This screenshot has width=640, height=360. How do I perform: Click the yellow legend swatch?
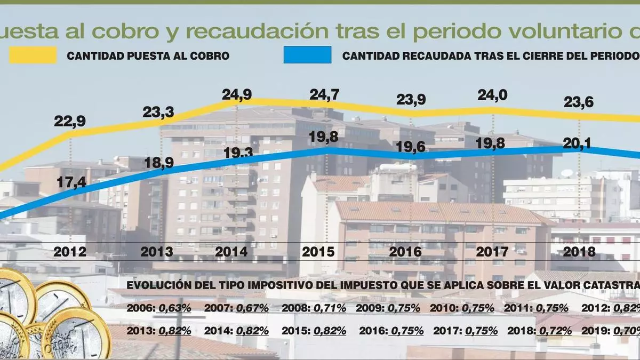click(33, 55)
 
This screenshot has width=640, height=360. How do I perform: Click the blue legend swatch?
click(307, 55)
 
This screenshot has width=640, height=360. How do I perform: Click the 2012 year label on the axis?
click(70, 251)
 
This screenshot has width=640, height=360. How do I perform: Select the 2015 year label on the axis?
click(319, 251)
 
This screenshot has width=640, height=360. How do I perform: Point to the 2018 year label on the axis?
click(580, 251)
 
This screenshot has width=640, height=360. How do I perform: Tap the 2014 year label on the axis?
click(232, 251)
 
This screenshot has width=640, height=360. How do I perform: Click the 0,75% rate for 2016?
click(407, 331)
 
